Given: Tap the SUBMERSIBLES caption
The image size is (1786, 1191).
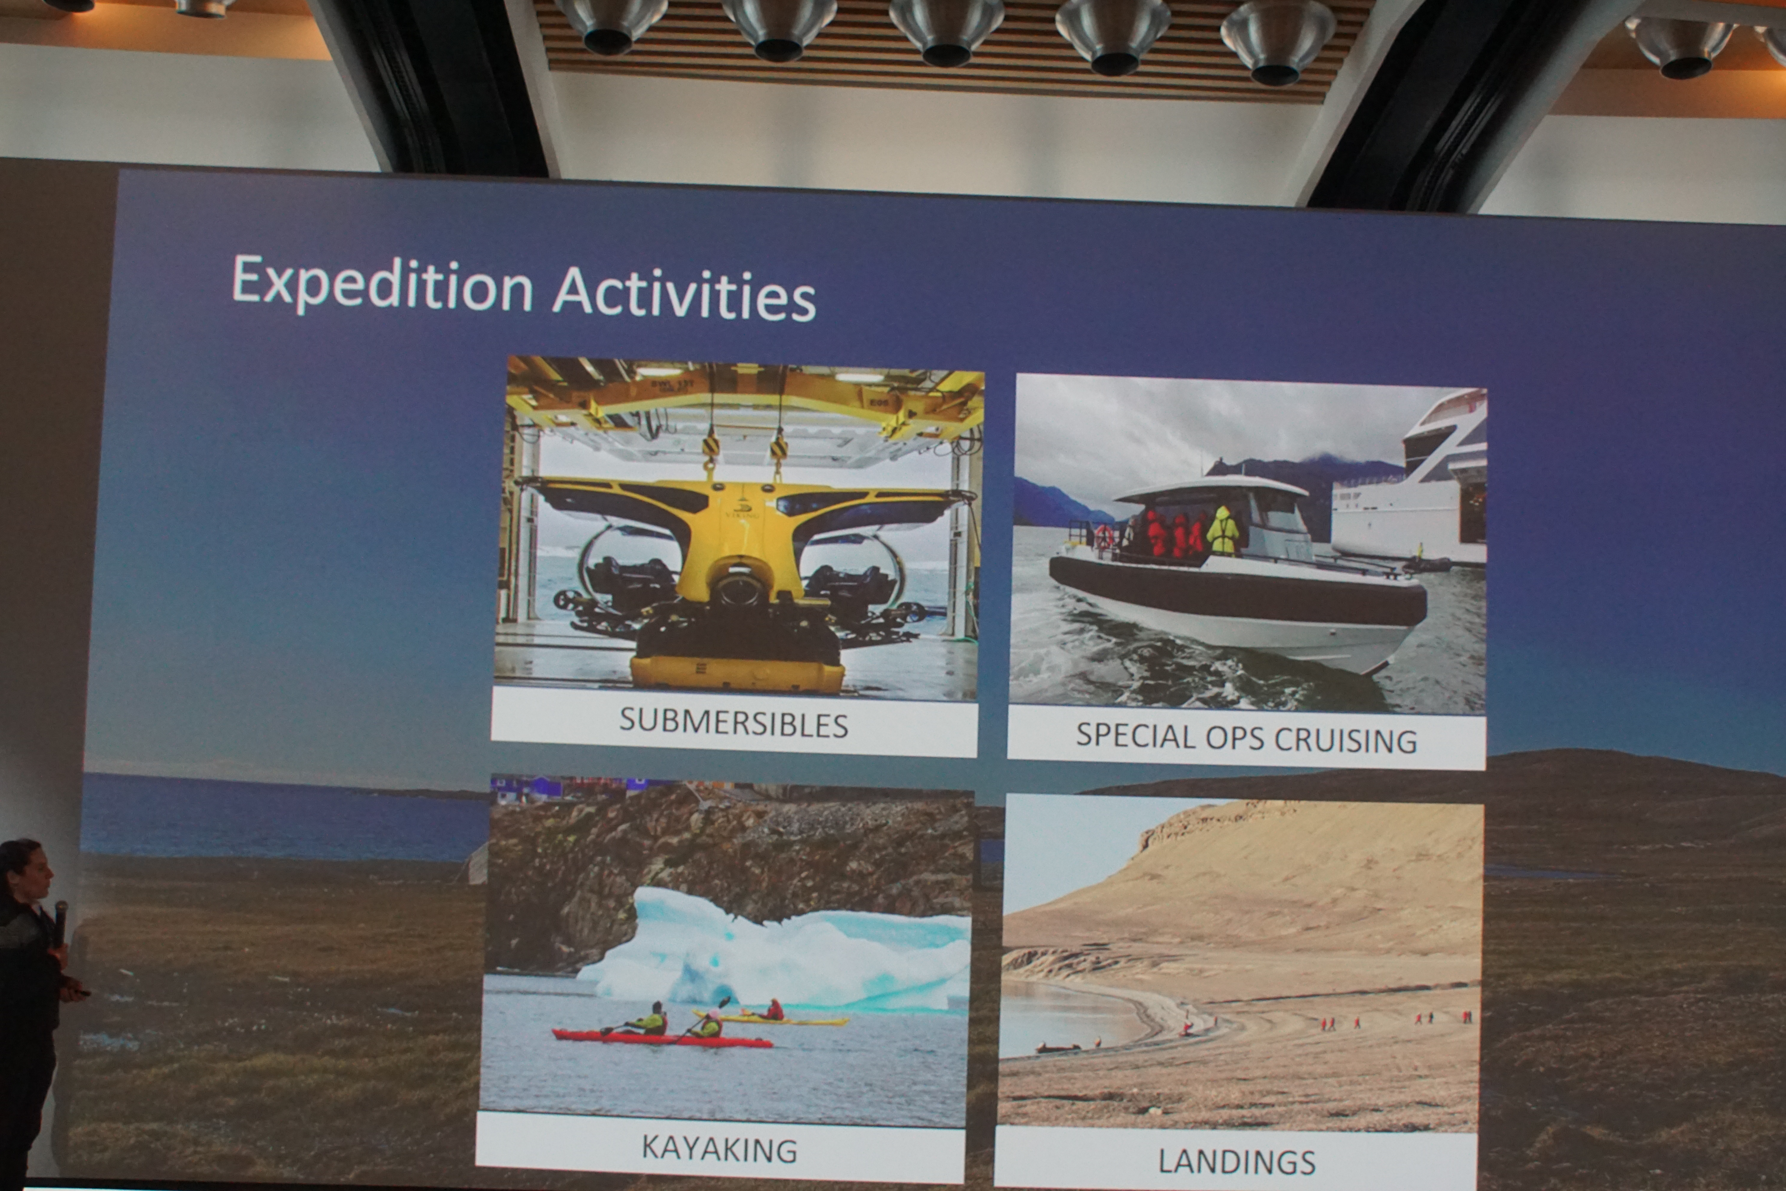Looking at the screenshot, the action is (x=733, y=723).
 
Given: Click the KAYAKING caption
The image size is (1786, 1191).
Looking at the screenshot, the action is (x=719, y=1149).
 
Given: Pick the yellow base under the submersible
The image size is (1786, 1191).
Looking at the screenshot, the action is (x=736, y=674).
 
